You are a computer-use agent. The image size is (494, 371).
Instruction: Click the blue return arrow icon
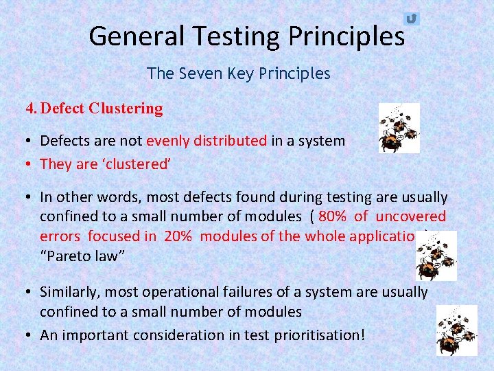click(411, 19)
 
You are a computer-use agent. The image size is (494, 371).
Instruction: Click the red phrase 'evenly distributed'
click(207, 141)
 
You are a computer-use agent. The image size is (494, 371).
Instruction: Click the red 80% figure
click(332, 216)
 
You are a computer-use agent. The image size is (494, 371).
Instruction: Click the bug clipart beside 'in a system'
click(399, 128)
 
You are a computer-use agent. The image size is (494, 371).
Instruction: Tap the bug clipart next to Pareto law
click(436, 256)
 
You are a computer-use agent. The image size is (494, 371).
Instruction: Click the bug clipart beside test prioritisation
click(457, 330)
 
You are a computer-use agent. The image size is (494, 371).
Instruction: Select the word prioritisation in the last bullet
click(315, 335)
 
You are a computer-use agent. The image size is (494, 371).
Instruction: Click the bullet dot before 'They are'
click(31, 164)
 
